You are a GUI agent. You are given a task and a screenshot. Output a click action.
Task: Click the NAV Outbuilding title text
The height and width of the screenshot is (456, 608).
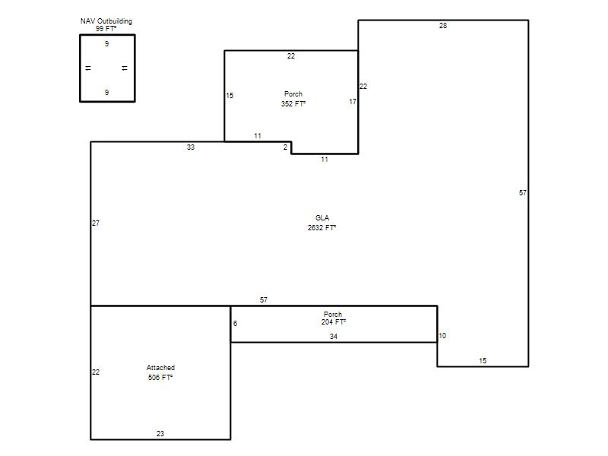coord(106,21)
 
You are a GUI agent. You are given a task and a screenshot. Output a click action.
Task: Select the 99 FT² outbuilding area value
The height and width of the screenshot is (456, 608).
coord(106,29)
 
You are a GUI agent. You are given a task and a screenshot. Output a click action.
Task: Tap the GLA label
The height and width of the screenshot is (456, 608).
coord(322,218)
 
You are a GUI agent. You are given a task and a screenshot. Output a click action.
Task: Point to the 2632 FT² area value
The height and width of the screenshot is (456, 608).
coord(321,227)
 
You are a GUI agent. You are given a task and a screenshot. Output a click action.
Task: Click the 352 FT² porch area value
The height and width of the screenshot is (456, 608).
coord(293,103)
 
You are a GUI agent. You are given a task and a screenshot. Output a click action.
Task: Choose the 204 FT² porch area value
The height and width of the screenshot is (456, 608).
coord(334,321)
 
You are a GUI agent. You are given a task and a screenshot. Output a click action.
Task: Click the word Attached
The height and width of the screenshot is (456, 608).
coord(160,368)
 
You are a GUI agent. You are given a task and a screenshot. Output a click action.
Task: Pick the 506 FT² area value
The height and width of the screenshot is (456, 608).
coord(160,377)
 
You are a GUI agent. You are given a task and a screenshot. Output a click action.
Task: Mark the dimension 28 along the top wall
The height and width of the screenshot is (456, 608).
coord(443,26)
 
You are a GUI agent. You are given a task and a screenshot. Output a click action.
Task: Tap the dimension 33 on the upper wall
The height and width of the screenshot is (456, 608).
coord(191,147)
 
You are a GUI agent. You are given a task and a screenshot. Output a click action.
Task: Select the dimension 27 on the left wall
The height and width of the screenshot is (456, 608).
coord(96,223)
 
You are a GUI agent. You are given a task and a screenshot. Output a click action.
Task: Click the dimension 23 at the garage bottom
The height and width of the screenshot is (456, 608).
coord(160,433)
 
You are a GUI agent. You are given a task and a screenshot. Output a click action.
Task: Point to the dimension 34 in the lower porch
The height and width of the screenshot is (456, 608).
coord(334,337)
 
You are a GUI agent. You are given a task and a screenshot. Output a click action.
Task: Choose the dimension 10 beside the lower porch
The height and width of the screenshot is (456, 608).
coord(442,336)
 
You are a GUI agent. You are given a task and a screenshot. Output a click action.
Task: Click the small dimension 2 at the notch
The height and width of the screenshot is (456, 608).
coord(286,147)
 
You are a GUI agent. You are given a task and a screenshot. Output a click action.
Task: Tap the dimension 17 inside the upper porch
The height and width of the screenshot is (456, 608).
coord(353,102)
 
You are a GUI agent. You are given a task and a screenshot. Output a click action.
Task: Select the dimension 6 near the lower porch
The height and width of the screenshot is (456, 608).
coord(235,324)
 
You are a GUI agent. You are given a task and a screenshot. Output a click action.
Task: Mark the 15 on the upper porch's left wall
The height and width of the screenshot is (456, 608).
coord(230,96)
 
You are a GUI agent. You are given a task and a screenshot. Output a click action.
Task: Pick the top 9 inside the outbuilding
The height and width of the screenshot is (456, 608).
coord(106,44)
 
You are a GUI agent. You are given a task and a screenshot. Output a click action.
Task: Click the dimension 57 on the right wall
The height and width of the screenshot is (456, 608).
coord(523,193)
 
